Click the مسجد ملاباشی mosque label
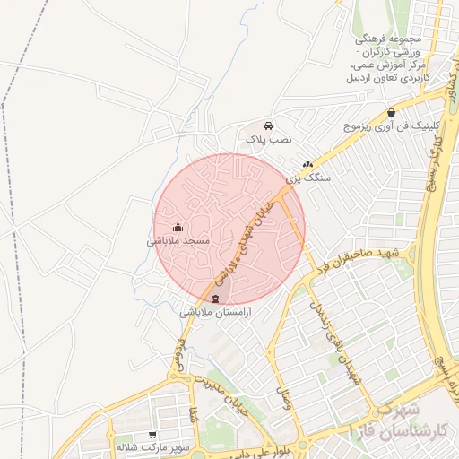pos(178,241)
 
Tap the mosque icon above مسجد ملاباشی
pos(178,227)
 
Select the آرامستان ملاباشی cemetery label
pos(215,313)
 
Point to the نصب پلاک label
pos(271,141)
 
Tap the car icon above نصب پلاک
pos(270,126)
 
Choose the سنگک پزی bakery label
pos(308,178)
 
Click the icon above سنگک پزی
pos(308,165)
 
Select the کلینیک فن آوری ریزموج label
pos(390,127)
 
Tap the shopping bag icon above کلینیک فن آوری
pos(391,113)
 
